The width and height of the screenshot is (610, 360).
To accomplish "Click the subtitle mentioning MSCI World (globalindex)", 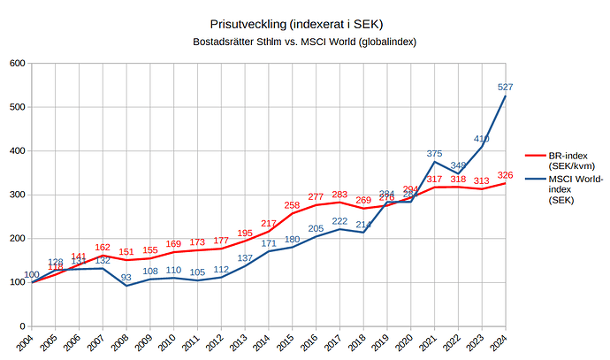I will (x=304, y=42).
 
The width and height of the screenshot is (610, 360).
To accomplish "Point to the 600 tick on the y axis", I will (x=17, y=63).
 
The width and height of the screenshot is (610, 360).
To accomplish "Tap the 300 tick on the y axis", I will (x=17, y=195).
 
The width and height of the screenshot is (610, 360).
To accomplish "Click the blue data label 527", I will (x=506, y=87).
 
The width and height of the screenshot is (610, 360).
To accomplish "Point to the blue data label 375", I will (x=434, y=153).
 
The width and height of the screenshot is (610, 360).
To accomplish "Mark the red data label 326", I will (x=506, y=174).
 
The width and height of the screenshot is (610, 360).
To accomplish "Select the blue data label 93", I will (x=126, y=278).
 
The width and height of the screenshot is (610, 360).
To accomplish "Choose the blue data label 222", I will (x=339, y=221).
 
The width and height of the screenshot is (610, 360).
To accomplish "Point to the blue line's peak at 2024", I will (x=506, y=96).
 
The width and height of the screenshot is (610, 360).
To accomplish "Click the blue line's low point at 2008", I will (x=126, y=286).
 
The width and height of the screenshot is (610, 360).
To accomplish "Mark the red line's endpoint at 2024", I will (x=506, y=183).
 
